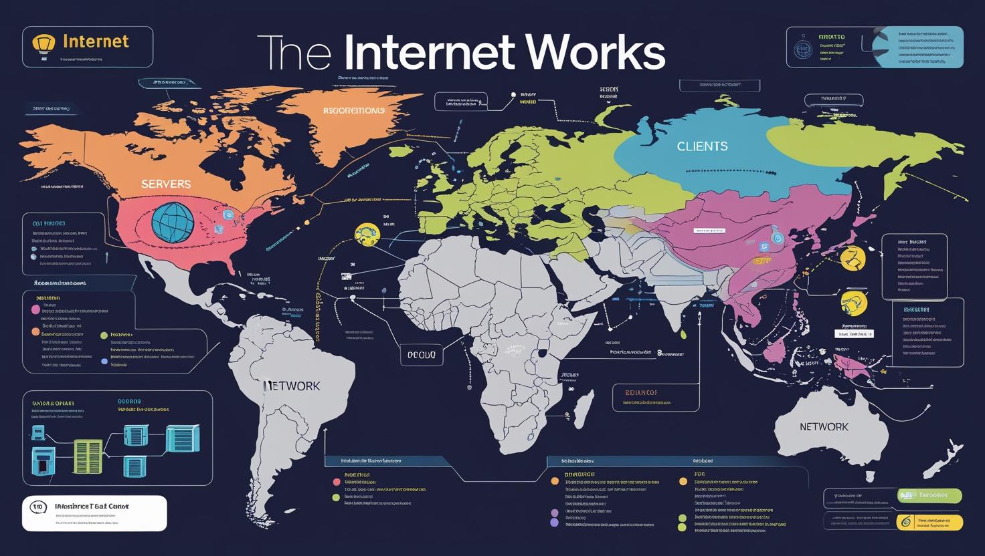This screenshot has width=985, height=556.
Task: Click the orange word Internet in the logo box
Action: (x=95, y=41)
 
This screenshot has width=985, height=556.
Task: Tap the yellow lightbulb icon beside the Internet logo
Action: (x=44, y=45)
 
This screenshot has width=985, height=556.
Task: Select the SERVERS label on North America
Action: (x=166, y=184)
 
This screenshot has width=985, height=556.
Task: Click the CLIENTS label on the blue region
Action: (x=702, y=146)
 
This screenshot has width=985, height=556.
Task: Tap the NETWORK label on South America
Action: (x=292, y=386)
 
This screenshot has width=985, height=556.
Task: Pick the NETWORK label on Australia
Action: (x=824, y=426)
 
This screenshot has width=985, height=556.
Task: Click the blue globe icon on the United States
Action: (x=173, y=222)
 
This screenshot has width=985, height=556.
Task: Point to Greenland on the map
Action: (x=348, y=120)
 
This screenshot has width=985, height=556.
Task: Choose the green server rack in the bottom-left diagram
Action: (x=88, y=456)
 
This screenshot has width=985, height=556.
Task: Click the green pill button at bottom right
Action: (x=929, y=496)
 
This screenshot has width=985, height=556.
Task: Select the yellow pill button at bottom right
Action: (x=929, y=522)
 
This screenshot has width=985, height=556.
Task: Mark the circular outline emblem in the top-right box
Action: (x=802, y=49)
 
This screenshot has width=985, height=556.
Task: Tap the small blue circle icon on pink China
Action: (x=777, y=238)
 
